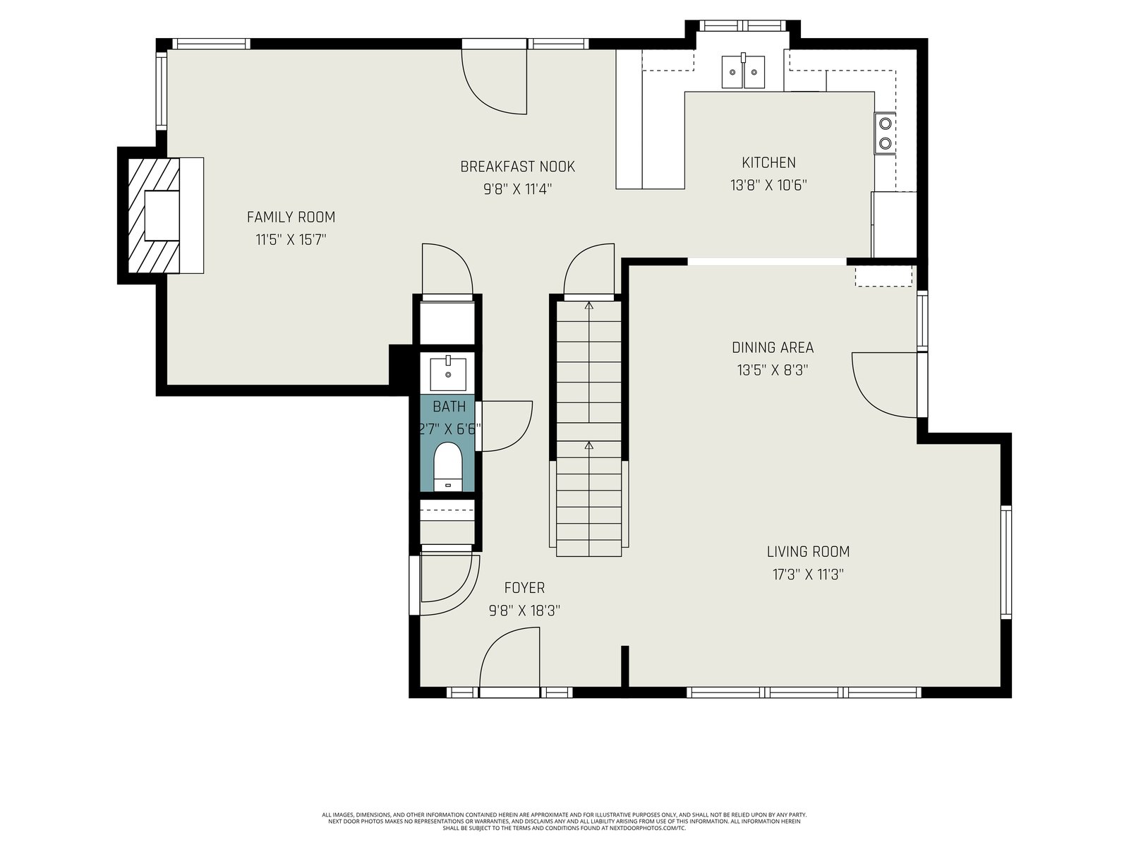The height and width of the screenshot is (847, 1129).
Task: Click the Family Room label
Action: pyautogui.click(x=291, y=217)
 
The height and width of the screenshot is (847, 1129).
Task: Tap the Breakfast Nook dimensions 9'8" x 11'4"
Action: pyautogui.click(x=517, y=189)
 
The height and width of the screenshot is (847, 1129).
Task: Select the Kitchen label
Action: pyautogui.click(x=768, y=162)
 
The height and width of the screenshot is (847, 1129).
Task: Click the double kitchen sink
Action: pyautogui.click(x=743, y=71)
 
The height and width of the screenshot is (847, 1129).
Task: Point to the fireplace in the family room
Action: pyautogui.click(x=160, y=215)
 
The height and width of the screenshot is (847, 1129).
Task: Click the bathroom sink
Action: pyautogui.click(x=448, y=373)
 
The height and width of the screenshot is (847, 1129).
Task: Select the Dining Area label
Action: pyautogui.click(x=773, y=348)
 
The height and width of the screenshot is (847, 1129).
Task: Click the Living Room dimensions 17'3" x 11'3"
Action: pyautogui.click(x=808, y=575)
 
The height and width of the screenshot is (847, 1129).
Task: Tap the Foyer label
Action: pyautogui.click(x=524, y=588)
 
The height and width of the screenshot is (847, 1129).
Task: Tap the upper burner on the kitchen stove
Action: pyautogui.click(x=885, y=124)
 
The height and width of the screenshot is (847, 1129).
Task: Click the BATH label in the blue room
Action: pyautogui.click(x=449, y=407)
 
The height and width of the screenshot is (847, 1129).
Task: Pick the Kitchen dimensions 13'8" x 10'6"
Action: pyautogui.click(x=768, y=185)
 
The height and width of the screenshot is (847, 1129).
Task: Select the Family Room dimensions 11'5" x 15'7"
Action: pyautogui.click(x=291, y=240)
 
